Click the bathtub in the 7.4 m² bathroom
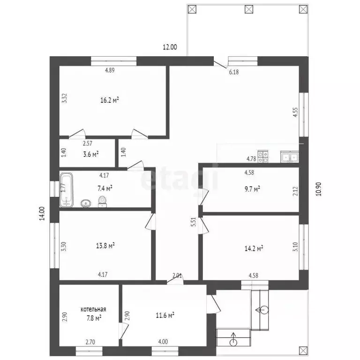pos(67,190)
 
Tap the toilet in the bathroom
pos(102,202)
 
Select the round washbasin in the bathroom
pos(86,203)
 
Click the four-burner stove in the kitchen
pos(263,157)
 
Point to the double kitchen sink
pos(290,157)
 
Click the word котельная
pos(93,309)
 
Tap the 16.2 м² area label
pos(110,100)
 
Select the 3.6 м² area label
pos(91,154)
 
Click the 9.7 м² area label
pos(252,189)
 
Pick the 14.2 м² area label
pos(254,248)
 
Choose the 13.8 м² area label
pos(105,246)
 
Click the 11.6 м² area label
pos(165,315)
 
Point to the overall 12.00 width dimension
pos(170,47)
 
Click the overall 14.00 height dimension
pos(42,214)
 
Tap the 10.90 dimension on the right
pos(319,189)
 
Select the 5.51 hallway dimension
pos(194,222)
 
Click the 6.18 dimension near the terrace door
pos(234,72)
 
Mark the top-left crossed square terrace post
pos(192,9)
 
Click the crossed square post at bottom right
pos(304,350)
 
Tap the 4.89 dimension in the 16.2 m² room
pos(110,70)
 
